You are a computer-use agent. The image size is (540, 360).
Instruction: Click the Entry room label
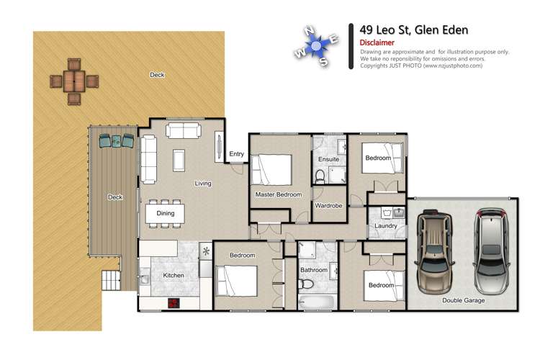[237, 154]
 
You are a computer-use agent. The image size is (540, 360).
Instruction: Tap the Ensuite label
[328, 159]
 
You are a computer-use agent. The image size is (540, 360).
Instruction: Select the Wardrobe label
[328, 205]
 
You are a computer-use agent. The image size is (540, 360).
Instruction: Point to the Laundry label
[386, 226]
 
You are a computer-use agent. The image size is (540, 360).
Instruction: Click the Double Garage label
[463, 300]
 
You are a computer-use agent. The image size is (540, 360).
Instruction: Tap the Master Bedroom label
[278, 194]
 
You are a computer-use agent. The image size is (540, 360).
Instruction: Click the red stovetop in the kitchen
[174, 303]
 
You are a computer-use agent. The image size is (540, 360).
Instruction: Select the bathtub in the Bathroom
[318, 302]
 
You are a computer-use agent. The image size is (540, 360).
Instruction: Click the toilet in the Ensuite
[320, 176]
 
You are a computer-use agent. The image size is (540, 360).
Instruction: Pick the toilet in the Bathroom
[306, 284]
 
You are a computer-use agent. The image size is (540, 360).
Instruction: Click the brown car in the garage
[434, 251]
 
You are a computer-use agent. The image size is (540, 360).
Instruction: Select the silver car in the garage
[492, 251]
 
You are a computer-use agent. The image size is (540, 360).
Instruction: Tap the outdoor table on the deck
[74, 81]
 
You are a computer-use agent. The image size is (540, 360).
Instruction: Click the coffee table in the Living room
[179, 160]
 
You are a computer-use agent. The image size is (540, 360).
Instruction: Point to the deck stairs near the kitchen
[111, 280]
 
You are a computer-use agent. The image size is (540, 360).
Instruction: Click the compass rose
[316, 47]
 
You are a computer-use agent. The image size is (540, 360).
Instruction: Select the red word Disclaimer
[377, 42]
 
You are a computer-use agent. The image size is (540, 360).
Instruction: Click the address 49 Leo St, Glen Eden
[413, 30]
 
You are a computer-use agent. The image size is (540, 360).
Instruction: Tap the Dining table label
[166, 213]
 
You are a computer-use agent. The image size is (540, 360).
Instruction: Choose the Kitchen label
[174, 275]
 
